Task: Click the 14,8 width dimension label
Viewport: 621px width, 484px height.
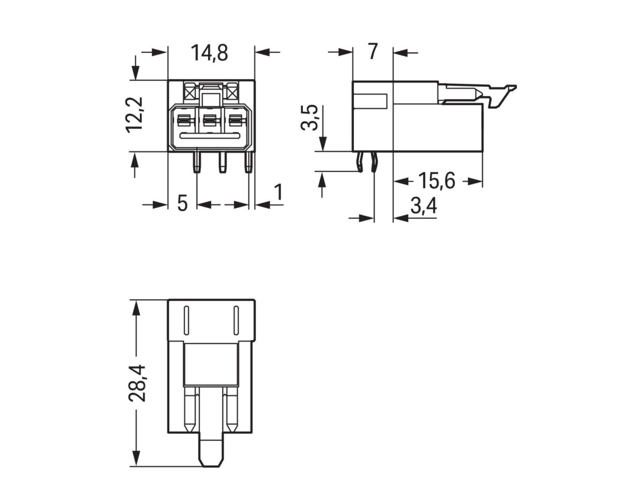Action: pos(209,53)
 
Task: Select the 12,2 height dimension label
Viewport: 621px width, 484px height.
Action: pos(136,115)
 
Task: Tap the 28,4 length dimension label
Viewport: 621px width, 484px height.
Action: pos(137,383)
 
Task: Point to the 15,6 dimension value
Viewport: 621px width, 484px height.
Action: pos(436,181)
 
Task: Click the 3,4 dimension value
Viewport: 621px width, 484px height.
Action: pos(423,206)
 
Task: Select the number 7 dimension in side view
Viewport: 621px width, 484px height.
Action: pos(373,52)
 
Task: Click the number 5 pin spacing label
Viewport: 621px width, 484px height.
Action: pos(182,203)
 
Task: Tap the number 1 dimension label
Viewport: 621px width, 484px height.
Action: pos(278,193)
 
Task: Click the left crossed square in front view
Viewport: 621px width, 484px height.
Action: pos(188,94)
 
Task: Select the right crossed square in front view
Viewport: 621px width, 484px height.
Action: pos(232,94)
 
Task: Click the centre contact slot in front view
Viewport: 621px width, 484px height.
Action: pos(210,121)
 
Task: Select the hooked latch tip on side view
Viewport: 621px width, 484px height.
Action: pos(509,89)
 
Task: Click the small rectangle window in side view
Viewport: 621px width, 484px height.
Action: pos(370,101)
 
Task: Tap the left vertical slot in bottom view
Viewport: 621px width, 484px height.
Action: pos(186,320)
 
